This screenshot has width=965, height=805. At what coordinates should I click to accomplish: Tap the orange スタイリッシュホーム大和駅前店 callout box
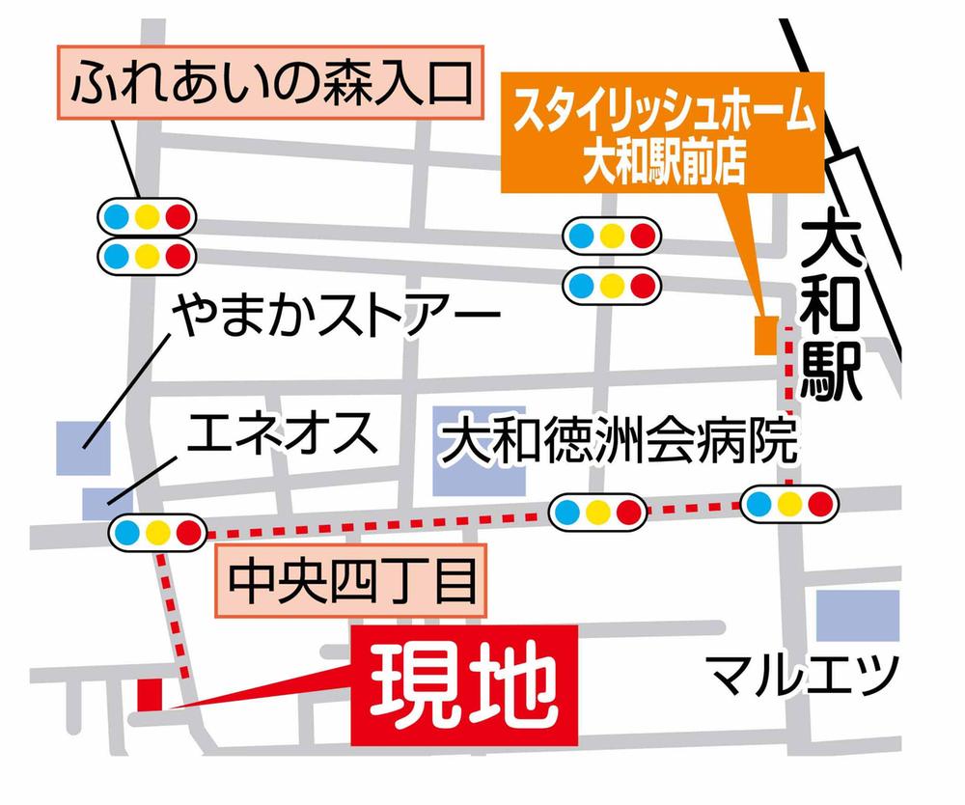coord(659,138)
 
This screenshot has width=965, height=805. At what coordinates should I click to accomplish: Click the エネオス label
coord(279,436)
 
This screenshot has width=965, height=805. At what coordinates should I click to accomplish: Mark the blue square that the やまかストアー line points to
coord(82,447)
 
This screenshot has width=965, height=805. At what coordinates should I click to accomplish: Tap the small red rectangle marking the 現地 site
coord(151,693)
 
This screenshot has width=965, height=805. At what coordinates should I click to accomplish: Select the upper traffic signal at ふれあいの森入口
coord(147,215)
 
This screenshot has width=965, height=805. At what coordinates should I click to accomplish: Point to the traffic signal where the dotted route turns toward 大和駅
coord(789,502)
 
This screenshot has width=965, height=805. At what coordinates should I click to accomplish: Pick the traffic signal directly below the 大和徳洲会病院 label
coord(597,510)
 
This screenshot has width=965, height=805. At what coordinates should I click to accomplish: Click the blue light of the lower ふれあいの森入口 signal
coord(116,256)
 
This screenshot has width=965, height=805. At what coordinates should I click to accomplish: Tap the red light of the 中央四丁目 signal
coord(188,532)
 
